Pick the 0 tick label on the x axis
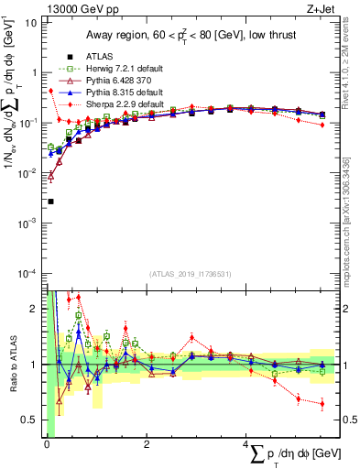(x=47, y=444)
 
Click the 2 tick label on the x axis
(x=147, y=444)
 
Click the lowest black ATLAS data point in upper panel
(x=50, y=201)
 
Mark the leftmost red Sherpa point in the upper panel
(x=49, y=91)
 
